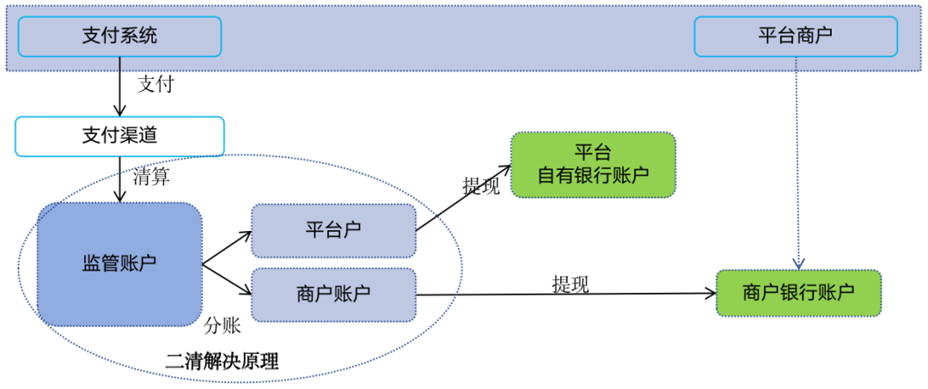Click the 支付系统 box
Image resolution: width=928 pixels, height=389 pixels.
point(119,37)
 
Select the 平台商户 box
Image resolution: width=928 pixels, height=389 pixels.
point(795,37)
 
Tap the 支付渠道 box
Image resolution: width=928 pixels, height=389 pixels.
point(119,136)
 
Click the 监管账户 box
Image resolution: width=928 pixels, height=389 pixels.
point(119,264)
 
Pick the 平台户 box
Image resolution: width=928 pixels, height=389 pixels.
point(333,230)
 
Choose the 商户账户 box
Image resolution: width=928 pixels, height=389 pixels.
point(333,294)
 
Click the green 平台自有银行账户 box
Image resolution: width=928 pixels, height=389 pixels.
point(593,165)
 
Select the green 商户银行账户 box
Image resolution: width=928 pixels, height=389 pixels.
point(798,293)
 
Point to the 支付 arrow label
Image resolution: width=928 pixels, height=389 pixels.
point(156,84)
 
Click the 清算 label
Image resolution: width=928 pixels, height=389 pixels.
point(151,178)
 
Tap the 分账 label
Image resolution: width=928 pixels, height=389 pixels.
point(222,326)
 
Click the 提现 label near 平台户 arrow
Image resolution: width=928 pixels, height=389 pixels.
point(481,185)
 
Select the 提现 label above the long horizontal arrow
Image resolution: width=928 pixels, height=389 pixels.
point(571,284)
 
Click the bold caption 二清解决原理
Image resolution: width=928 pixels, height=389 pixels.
point(222,362)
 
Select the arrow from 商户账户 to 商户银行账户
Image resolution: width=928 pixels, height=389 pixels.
point(567,294)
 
